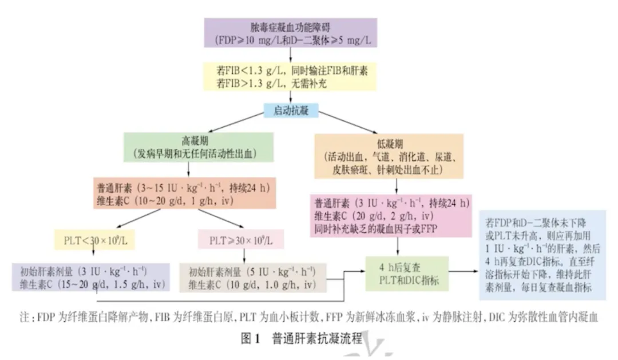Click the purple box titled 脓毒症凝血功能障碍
tap(291, 33)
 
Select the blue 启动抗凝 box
tap(292, 110)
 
